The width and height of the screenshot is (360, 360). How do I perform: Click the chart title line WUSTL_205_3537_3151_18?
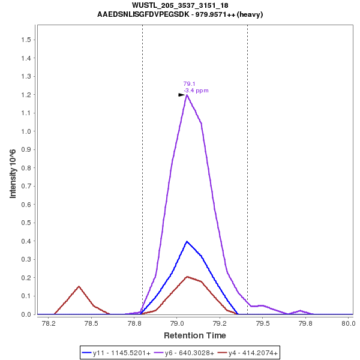pos(180,5)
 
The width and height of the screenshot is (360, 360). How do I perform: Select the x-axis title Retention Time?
pos(195,335)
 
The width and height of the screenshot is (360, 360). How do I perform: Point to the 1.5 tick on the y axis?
pos(26,40)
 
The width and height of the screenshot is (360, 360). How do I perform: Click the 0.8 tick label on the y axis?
pos(26,168)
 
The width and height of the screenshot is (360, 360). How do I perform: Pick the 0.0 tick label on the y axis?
pos(26,314)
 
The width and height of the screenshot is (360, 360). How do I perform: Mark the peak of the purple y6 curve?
pos(187,95)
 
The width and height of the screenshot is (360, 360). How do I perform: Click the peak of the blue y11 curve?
pos(187,241)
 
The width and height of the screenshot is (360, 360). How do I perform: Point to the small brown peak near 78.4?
pos(79,286)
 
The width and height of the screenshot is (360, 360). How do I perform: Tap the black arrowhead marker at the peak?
pos(181,95)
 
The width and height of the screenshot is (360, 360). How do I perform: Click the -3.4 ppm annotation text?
pos(196,91)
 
